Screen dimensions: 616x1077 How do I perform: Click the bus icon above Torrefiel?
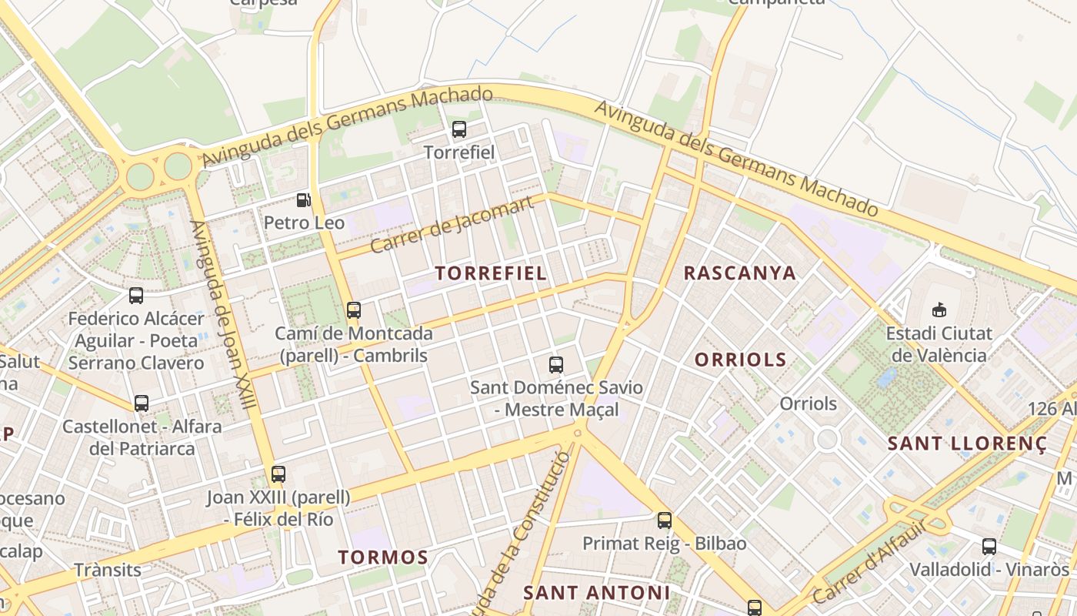pyautogui.click(x=459, y=129)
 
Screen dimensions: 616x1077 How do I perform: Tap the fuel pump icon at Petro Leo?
pyautogui.click(x=304, y=200)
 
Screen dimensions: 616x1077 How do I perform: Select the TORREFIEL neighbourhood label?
pyautogui.click(x=491, y=273)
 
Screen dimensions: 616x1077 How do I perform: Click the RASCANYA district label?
pyautogui.click(x=739, y=273)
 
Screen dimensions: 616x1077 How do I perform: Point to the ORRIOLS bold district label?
pyautogui.click(x=740, y=360)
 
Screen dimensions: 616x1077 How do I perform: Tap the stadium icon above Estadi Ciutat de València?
pyautogui.click(x=939, y=310)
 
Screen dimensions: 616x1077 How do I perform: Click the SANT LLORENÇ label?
pyautogui.click(x=967, y=444)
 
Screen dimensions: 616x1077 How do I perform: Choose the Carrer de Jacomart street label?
pyautogui.click(x=452, y=225)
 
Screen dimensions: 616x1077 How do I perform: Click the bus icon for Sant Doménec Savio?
pyautogui.click(x=556, y=365)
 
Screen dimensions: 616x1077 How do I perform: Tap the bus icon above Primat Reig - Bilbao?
pyautogui.click(x=665, y=521)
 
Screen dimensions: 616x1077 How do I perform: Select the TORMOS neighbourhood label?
pyautogui.click(x=382, y=557)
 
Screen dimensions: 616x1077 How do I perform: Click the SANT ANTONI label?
pyautogui.click(x=596, y=592)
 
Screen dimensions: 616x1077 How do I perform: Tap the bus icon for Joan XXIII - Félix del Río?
pyautogui.click(x=278, y=474)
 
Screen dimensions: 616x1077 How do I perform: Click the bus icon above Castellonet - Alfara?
pyautogui.click(x=142, y=403)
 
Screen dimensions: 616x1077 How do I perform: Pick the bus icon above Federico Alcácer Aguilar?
pyautogui.click(x=136, y=295)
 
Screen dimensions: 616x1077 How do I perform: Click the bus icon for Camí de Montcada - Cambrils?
pyautogui.click(x=354, y=310)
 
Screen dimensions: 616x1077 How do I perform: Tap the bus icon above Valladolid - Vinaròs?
pyautogui.click(x=989, y=547)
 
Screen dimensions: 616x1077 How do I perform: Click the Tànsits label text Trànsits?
pyautogui.click(x=108, y=570)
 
